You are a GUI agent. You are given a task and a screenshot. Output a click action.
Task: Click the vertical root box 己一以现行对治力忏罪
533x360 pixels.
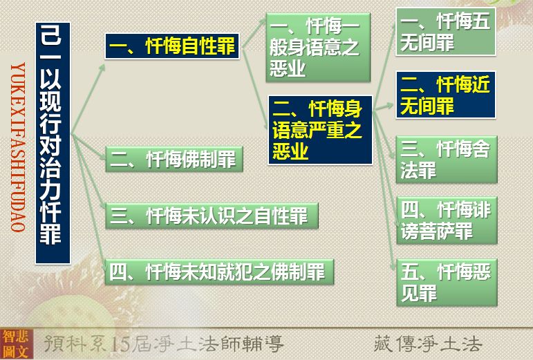pyautogui.click(x=53, y=143)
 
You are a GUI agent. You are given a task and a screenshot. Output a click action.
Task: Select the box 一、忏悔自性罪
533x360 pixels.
pyautogui.click(x=172, y=46)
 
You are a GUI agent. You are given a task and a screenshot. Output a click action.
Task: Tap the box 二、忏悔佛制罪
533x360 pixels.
pyautogui.click(x=174, y=159)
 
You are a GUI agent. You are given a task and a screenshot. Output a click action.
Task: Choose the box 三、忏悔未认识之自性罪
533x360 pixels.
pyautogui.click(x=212, y=216)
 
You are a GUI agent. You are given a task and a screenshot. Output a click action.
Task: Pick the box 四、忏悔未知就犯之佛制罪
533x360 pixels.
pyautogui.click(x=219, y=272)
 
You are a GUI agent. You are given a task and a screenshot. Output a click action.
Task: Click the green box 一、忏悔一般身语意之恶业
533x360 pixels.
pyautogui.click(x=318, y=47)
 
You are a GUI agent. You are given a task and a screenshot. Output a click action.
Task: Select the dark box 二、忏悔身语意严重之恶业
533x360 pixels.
pyautogui.click(x=320, y=130)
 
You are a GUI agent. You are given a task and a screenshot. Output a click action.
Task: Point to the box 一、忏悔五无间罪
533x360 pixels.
pyautogui.click(x=446, y=32)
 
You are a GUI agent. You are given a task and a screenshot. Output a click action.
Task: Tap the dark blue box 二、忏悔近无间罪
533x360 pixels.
pyautogui.click(x=446, y=95)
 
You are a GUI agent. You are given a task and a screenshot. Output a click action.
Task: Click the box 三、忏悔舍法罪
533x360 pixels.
pyautogui.click(x=447, y=160)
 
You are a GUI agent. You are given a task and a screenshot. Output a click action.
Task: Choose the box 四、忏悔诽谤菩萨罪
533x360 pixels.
pyautogui.click(x=447, y=220)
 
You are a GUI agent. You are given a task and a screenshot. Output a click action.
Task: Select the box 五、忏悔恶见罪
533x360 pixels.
pyautogui.click(x=447, y=282)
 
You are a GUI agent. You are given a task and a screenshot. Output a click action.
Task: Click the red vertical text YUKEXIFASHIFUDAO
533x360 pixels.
pyautogui.click(x=18, y=147)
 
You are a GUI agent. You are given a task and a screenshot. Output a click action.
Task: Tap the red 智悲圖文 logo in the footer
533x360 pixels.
pyautogui.click(x=16, y=343)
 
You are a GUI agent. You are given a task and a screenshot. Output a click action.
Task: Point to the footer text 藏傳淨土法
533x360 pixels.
pyautogui.click(x=428, y=343)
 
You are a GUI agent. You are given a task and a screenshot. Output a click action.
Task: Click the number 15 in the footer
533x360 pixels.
pyautogui.click(x=120, y=344)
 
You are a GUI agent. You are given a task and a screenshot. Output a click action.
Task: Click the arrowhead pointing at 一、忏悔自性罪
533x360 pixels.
pyautogui.click(x=102, y=68)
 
